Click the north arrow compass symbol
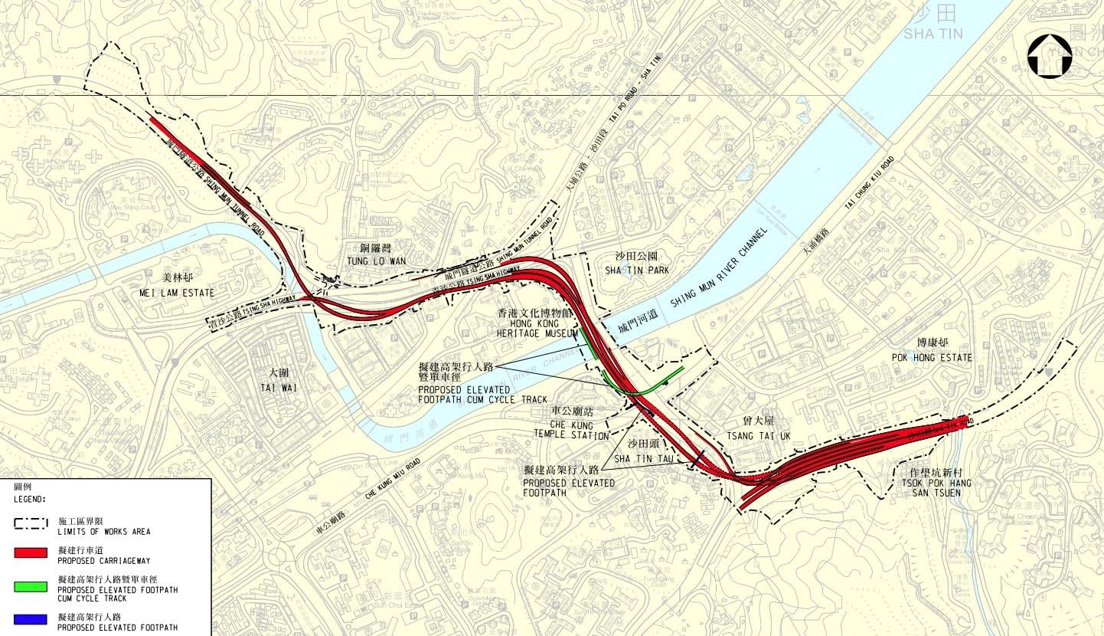pyautogui.click(x=1050, y=56)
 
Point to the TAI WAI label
pyautogui.click(x=273, y=382)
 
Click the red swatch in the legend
pyautogui.click(x=34, y=552)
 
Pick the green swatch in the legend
pyautogui.click(x=34, y=587)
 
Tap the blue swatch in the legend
pyautogui.click(x=34, y=618)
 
